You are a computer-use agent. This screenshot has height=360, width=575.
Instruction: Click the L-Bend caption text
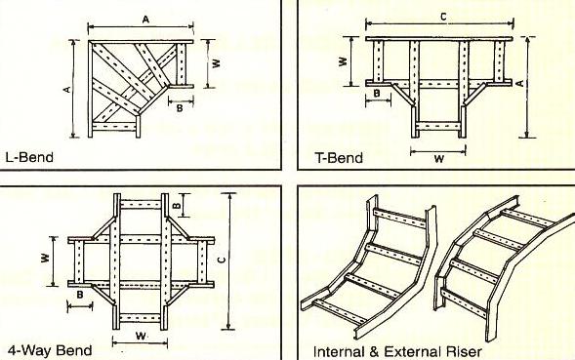pyautogui.click(x=29, y=157)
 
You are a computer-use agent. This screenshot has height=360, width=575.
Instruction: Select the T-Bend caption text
pyautogui.click(x=339, y=158)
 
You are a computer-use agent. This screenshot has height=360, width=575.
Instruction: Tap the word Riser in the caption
pyautogui.click(x=464, y=351)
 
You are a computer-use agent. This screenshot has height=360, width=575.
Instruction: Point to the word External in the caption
pyautogui.click(x=412, y=351)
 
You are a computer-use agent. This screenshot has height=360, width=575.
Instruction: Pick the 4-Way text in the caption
pyautogui.click(x=29, y=350)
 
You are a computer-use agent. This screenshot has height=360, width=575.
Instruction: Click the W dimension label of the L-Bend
pyautogui.click(x=217, y=63)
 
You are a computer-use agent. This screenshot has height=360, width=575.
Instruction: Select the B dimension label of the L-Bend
pyautogui.click(x=180, y=108)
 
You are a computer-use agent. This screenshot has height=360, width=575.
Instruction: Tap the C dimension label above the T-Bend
pyautogui.click(x=443, y=17)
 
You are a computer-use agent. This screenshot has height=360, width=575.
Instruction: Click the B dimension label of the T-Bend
pyautogui.click(x=377, y=94)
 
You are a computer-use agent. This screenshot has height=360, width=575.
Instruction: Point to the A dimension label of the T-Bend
pyautogui.click(x=520, y=83)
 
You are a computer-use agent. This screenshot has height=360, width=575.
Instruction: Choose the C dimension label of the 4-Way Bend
pyautogui.click(x=221, y=260)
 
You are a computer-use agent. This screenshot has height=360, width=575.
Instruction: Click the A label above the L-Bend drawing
pyautogui.click(x=145, y=20)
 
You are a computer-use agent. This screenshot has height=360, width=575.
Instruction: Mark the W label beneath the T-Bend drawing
pyautogui.click(x=439, y=159)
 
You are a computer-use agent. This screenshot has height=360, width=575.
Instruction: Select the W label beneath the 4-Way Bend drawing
pyautogui.click(x=141, y=336)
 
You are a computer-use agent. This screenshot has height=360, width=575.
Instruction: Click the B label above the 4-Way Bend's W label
pyautogui.click(x=80, y=295)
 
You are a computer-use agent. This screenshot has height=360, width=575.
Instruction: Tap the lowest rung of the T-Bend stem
pyautogui.click(x=438, y=126)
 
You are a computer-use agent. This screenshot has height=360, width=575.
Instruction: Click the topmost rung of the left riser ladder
pyautogui.click(x=399, y=219)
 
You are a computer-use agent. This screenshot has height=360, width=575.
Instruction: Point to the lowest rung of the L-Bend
pyautogui.click(x=114, y=127)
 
